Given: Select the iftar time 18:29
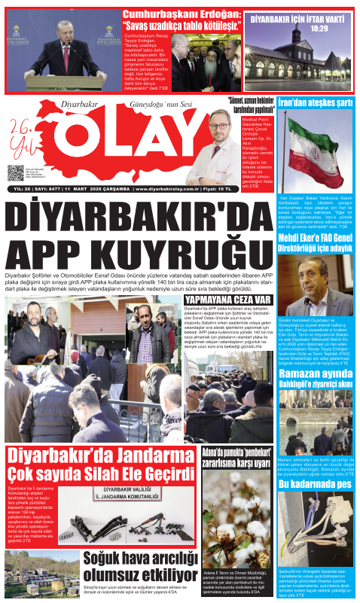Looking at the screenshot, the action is pyautogui.click(x=319, y=29).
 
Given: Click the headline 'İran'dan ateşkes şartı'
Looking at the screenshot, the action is pyautogui.click(x=315, y=102).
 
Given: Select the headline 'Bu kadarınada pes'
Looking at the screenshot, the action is pyautogui.click(x=315, y=485).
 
